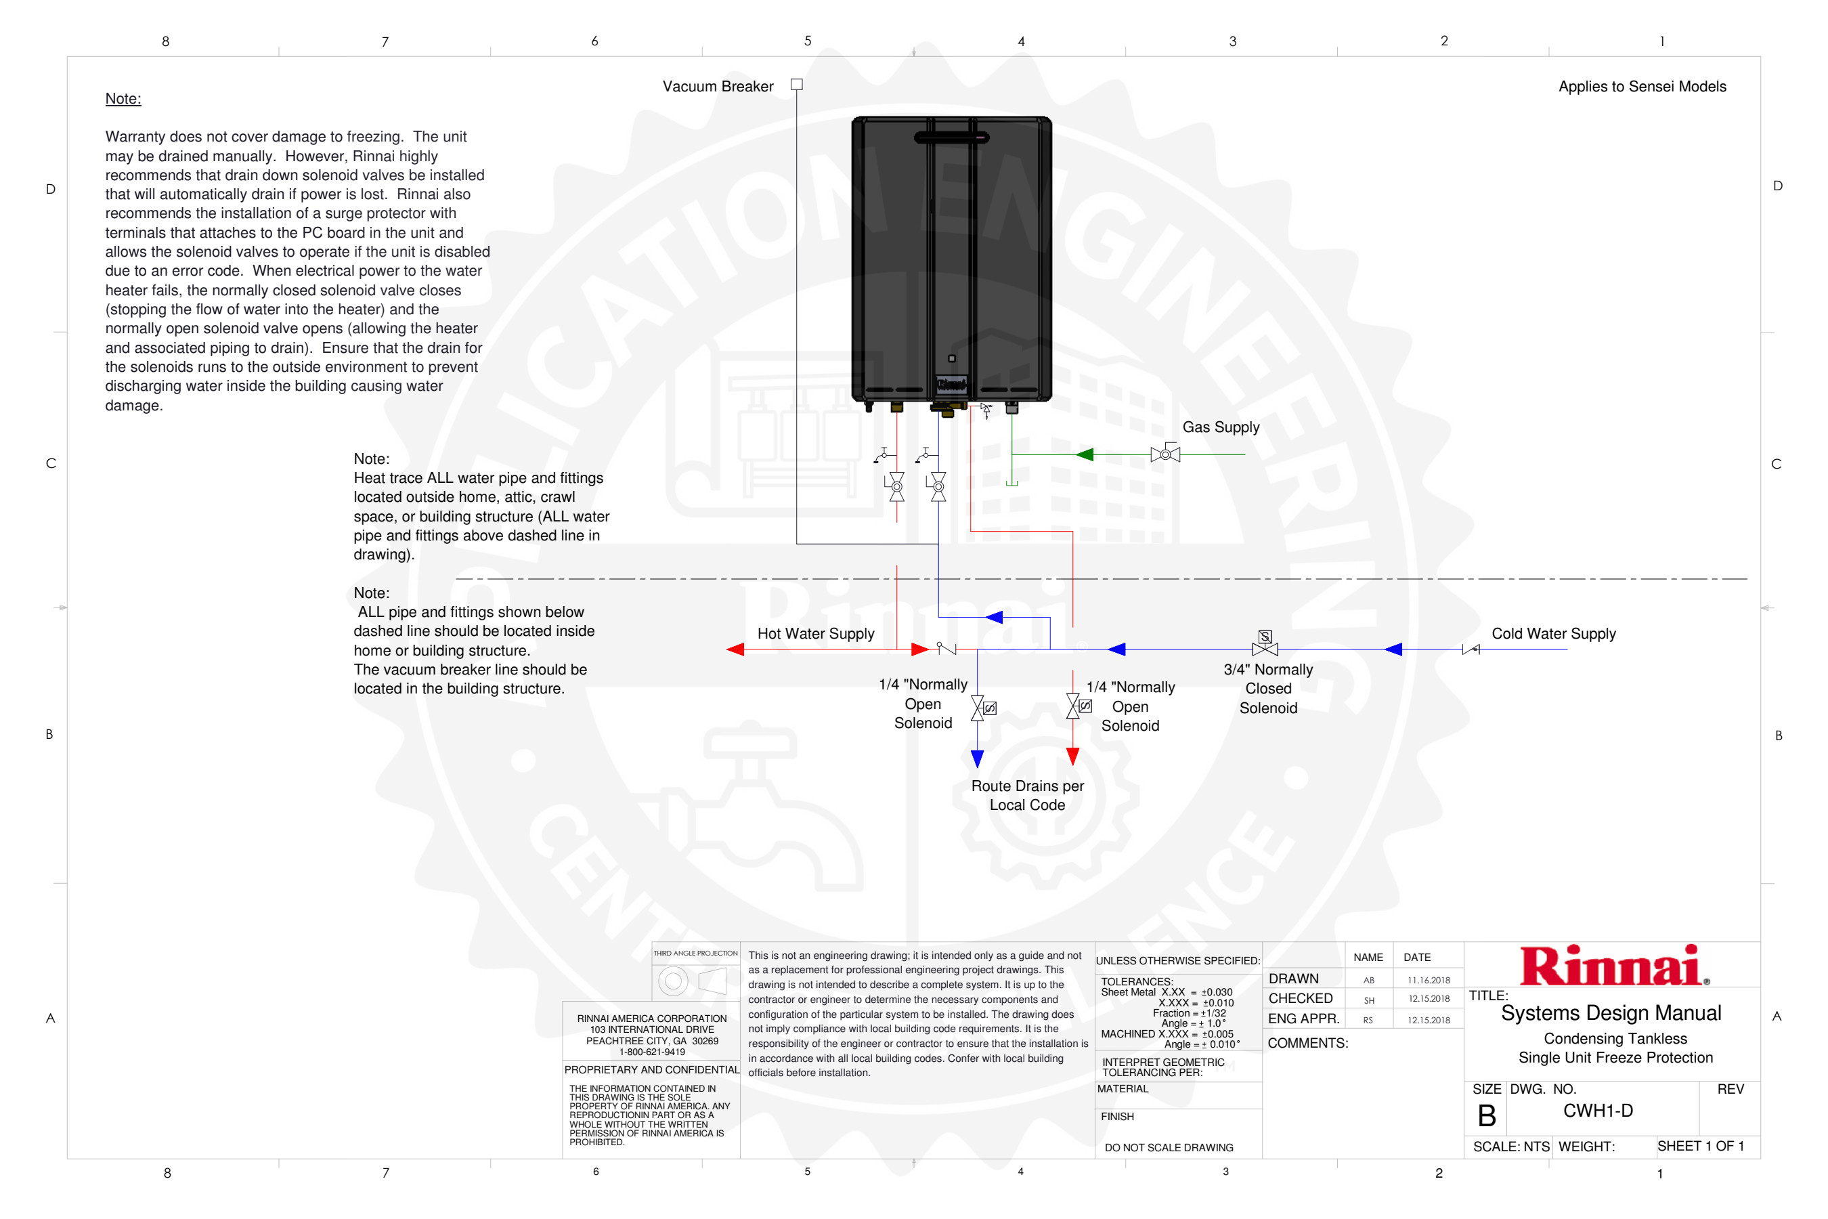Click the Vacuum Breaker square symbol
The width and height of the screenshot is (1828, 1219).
point(797,85)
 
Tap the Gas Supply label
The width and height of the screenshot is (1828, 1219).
point(1220,427)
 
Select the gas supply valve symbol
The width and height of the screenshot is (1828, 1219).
point(1165,454)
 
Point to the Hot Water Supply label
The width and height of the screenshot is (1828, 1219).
point(815,634)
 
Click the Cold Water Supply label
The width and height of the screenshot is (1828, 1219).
point(1553,634)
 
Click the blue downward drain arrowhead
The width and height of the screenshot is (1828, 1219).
point(977,758)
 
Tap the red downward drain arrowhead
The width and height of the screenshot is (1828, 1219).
point(1072,756)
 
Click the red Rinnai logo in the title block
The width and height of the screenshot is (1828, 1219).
point(1613,966)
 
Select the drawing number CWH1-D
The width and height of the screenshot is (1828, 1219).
point(1597,1110)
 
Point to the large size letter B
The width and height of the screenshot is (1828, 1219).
point(1486,1116)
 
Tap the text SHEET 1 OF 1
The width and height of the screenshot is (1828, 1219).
point(1701,1146)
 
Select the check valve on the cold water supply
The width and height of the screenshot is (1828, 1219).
point(1471,649)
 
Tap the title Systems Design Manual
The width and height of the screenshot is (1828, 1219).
point(1611,1013)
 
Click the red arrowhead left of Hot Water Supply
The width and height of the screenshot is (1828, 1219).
point(735,649)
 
